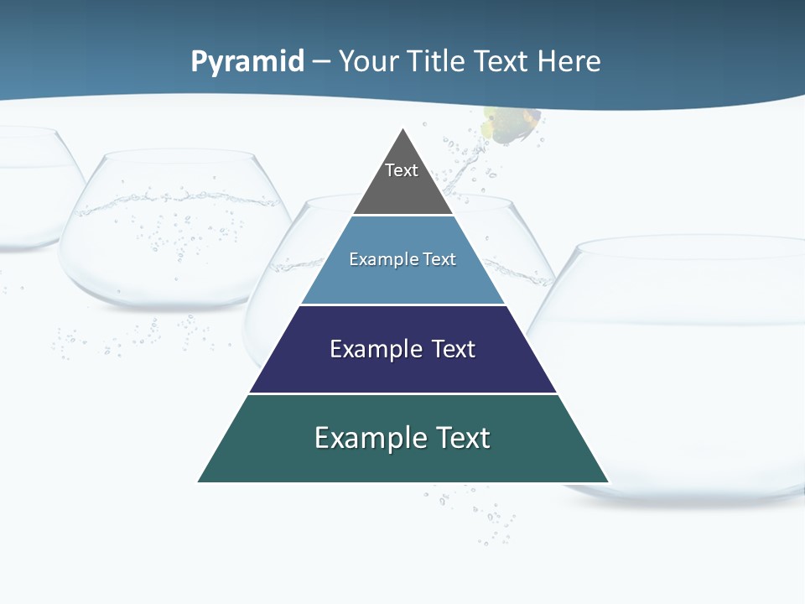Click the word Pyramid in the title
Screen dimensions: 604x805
pos(247,61)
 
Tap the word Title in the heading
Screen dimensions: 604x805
pos(434,61)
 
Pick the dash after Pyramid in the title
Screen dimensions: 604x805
pos(321,62)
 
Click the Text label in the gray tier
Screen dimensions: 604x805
pos(402,170)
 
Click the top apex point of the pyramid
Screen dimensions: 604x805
pos(403,128)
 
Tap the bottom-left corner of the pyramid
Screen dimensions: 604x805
pos(199,482)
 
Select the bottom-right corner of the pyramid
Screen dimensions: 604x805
pos(608,482)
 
